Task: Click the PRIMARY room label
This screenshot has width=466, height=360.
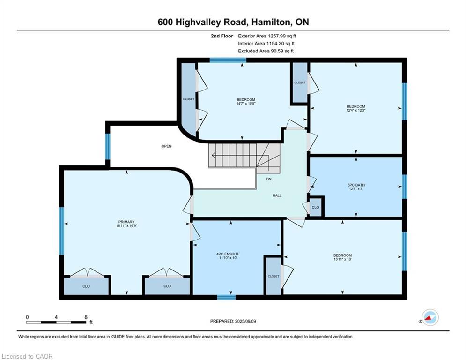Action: click(126, 222)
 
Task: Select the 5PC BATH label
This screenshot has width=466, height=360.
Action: click(356, 185)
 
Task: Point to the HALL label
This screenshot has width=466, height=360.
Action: click(277, 195)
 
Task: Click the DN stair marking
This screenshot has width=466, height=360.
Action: click(268, 179)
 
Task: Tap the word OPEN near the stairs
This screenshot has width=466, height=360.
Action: click(166, 146)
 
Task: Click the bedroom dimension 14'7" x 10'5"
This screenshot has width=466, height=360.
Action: click(245, 104)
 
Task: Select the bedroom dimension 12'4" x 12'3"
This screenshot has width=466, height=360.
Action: click(355, 111)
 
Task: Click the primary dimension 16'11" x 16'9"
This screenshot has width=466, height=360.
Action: click(126, 226)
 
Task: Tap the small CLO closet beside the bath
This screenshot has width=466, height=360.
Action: click(315, 207)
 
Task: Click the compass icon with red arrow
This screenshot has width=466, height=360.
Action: click(430, 318)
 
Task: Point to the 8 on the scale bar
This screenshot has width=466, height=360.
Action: click(86, 317)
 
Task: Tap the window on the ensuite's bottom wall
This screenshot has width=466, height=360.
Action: click(226, 297)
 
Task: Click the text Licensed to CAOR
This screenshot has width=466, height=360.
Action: click(28, 357)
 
